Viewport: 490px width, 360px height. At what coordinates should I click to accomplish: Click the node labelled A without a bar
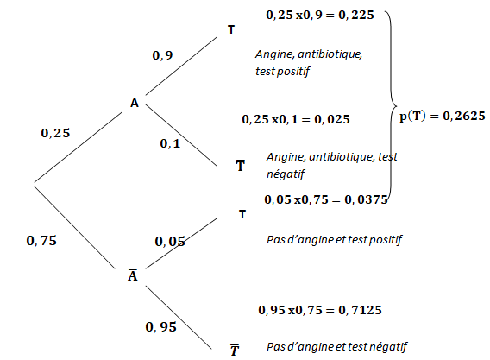tap(135, 103)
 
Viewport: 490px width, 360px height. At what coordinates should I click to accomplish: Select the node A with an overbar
tap(133, 275)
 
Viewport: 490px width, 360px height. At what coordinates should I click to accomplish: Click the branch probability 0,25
tap(55, 133)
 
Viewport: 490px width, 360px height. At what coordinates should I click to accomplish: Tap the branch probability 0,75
tap(41, 241)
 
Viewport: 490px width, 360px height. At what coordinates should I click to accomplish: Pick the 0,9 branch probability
tap(162, 55)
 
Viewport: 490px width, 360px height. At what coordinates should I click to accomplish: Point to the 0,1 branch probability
tap(170, 143)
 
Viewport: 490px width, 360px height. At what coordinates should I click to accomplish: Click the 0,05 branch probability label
tap(170, 242)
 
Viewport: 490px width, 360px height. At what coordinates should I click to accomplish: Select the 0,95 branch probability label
tap(161, 327)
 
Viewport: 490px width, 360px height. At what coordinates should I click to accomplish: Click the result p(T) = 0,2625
tap(443, 116)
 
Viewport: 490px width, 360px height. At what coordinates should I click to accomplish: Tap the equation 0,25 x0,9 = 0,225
tap(320, 15)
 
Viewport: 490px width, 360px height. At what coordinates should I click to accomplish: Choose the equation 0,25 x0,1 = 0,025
tap(296, 119)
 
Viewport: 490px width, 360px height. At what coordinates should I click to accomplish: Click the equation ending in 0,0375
tap(326, 199)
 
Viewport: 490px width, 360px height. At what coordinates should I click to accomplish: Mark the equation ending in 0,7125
tap(320, 310)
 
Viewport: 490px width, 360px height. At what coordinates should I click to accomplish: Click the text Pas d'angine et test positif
tap(334, 240)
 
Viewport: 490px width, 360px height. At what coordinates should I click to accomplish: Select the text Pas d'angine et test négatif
tap(336, 347)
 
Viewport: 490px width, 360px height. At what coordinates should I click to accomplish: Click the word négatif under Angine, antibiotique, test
tap(286, 174)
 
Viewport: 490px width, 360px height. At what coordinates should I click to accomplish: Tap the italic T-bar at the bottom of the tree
tap(235, 350)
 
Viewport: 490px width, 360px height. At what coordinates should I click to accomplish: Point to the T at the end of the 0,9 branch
tap(231, 29)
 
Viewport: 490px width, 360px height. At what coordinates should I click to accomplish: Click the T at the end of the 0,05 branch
tap(242, 214)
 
